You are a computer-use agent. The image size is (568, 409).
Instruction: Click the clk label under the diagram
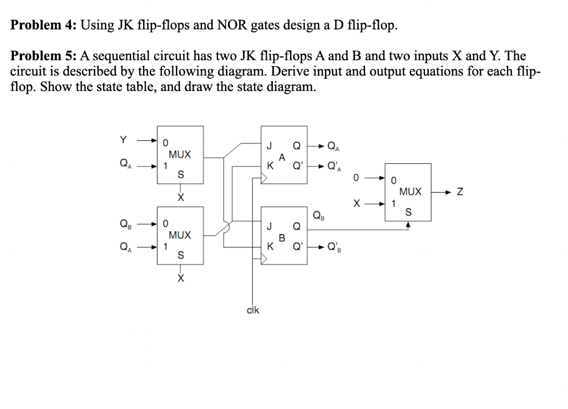pyautogui.click(x=252, y=310)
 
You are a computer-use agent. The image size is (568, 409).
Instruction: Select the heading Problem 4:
pyautogui.click(x=44, y=26)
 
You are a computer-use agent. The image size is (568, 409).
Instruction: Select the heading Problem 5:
pyautogui.click(x=44, y=56)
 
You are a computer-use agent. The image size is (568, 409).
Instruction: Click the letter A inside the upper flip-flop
pyautogui.click(x=282, y=157)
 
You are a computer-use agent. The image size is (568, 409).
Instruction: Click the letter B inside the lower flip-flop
pyautogui.click(x=282, y=238)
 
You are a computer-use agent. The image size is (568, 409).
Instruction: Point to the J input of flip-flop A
pyautogui.click(x=269, y=148)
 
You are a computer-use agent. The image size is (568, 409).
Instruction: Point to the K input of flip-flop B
pyautogui.click(x=269, y=248)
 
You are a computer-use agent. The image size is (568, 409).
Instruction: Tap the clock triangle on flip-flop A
pyautogui.click(x=265, y=179)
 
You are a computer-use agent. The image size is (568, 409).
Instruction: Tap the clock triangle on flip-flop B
pyautogui.click(x=265, y=260)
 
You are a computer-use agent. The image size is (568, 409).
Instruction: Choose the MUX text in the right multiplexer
pyautogui.click(x=410, y=191)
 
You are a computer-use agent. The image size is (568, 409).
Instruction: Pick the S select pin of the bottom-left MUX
pyautogui.click(x=180, y=255)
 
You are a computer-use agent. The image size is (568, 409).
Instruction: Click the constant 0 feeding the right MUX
pyautogui.click(x=358, y=178)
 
